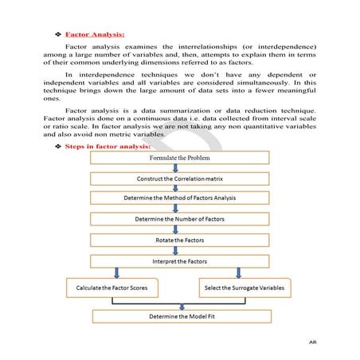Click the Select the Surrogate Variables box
coord(244,285)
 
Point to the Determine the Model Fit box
coord(180,316)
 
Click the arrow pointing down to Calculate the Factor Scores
coord(118,272)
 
